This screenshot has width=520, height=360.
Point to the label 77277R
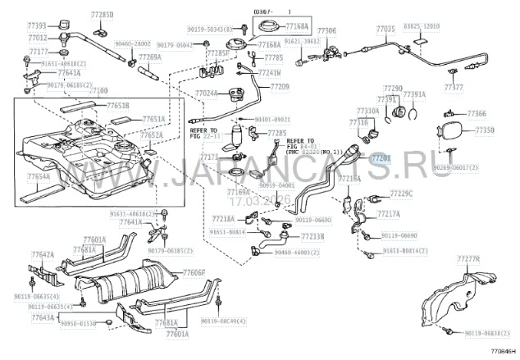pyautogui.click(x=468, y=259)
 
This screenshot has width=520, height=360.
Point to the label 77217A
pyautogui.click(x=389, y=213)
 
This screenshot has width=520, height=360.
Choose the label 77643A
pyautogui.click(x=43, y=317)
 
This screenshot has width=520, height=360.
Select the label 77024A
pyautogui.click(x=207, y=94)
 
